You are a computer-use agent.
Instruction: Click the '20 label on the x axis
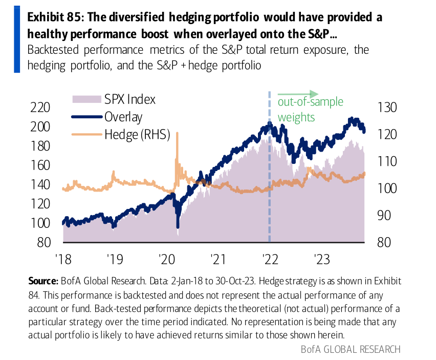(x=166, y=259)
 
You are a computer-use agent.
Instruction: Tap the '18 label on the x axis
(x=62, y=259)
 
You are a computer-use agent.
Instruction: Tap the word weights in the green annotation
(x=296, y=117)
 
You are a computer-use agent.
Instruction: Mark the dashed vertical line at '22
(x=270, y=169)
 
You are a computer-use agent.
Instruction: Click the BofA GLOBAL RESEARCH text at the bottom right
(x=351, y=349)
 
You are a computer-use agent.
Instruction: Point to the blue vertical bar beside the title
(x=17, y=39)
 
